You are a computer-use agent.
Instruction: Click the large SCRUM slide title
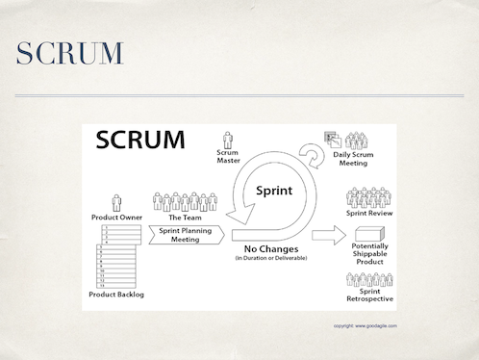coord(70,54)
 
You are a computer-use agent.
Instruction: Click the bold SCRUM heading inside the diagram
coord(141,141)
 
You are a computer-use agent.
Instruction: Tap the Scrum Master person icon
coord(228,141)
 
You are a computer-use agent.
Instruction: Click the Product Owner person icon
coord(117,202)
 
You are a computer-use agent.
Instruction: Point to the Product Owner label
coord(117,218)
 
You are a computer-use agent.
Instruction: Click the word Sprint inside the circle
coord(273,190)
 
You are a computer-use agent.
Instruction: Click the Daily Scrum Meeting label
coord(353,160)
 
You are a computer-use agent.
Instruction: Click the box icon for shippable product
coord(369,234)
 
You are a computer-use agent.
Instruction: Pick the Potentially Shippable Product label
coord(370,257)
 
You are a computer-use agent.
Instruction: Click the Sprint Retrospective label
coord(370,296)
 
